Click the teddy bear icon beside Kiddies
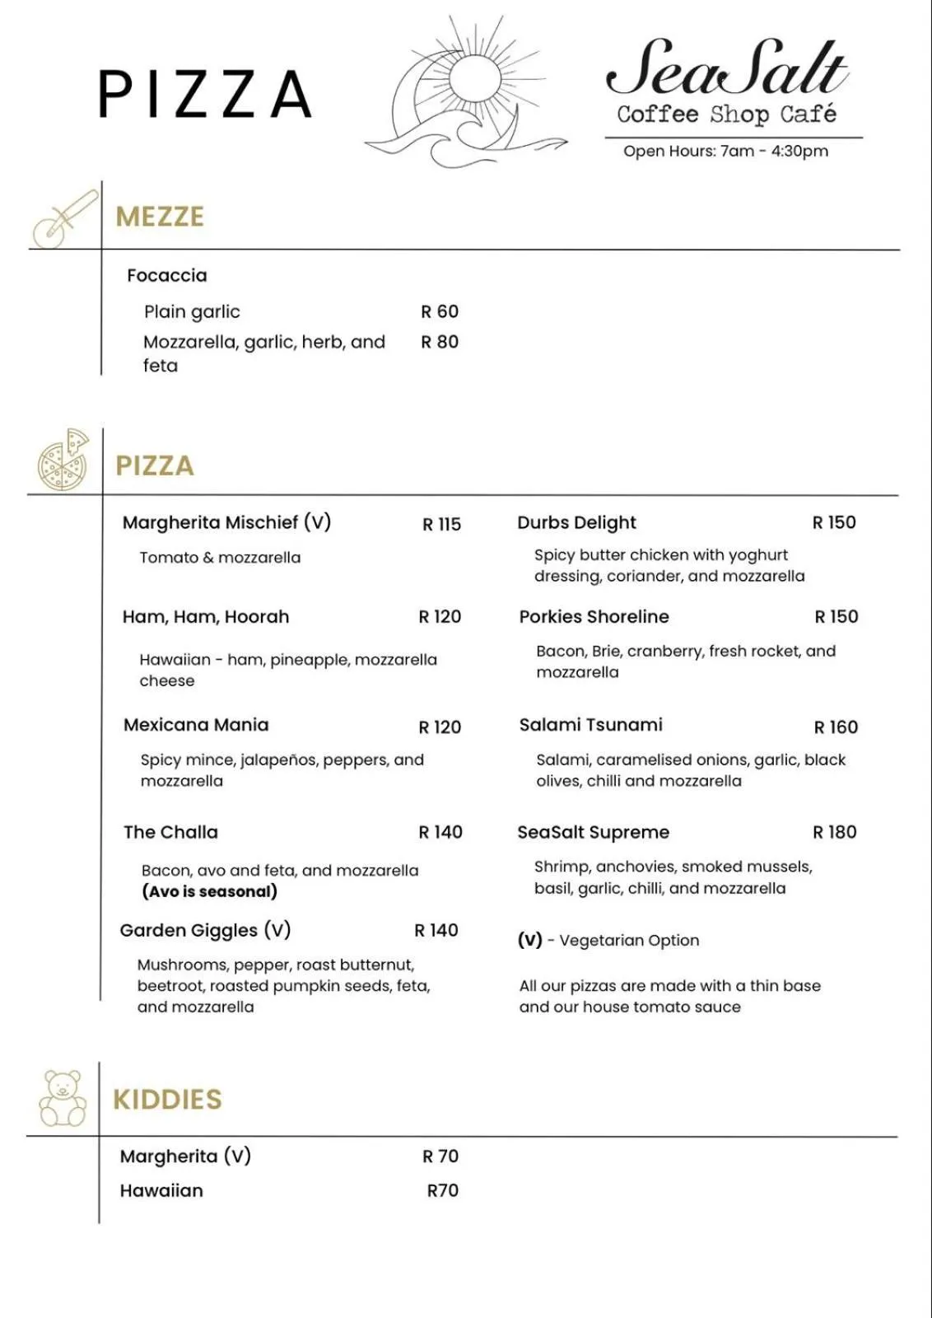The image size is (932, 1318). point(63,1098)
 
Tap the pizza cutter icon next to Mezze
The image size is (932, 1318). point(64,218)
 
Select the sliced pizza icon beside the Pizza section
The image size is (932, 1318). point(63,460)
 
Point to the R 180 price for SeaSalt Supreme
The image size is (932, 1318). point(834,832)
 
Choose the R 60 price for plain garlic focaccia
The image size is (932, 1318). point(439,311)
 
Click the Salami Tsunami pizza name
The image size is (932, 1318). point(590,725)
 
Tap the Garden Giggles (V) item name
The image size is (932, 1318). point(205,930)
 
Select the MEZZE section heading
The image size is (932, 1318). point(160,217)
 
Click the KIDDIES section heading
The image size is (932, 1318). point(167,1099)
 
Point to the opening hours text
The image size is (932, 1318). point(725,151)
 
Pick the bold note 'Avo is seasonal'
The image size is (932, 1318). point(209,891)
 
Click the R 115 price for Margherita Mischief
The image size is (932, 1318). point(441,524)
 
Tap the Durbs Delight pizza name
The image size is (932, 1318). point(576,522)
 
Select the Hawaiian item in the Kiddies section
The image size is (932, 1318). point(161,1190)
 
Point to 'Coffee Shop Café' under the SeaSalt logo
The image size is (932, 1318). point(726,114)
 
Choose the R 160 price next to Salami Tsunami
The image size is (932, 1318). point(835,727)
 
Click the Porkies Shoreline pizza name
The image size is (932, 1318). point(594,616)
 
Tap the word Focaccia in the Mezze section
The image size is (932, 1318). point(167,275)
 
